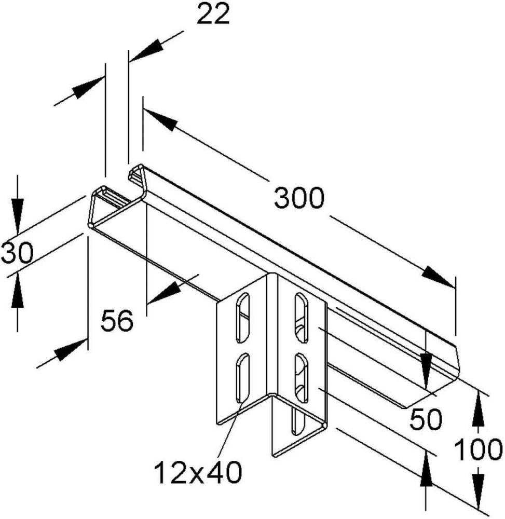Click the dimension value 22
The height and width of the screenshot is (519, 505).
pos(213,15)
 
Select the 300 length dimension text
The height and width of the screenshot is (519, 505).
pos(299,198)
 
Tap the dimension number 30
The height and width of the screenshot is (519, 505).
pos(17,253)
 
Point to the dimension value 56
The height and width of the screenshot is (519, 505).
pos(117,320)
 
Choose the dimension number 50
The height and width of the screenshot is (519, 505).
pos(426,420)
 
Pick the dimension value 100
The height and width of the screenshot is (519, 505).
pos(479,449)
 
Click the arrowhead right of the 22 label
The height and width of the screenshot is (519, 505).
pos(146,50)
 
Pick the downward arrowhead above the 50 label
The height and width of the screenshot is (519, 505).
pos(426,371)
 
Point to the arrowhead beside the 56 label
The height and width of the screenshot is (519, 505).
pos(165,291)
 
